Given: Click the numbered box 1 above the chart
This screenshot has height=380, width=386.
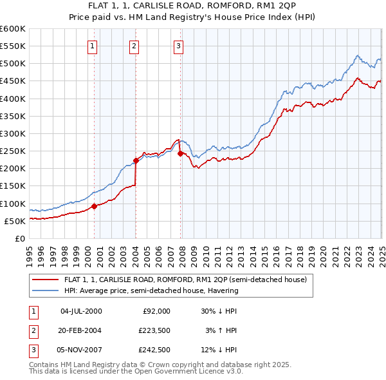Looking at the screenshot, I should click(93, 46).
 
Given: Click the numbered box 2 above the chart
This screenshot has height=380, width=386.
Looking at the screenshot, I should click(134, 46).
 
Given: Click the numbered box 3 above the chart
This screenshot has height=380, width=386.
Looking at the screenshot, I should click(178, 46).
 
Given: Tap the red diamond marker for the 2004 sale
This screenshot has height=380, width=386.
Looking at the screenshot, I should click(136, 160).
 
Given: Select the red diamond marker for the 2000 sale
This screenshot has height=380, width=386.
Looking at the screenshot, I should click(94, 206).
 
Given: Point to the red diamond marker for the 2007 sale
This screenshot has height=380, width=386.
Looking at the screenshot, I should click(180, 153).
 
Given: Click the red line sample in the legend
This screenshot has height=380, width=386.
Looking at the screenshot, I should click(46, 280).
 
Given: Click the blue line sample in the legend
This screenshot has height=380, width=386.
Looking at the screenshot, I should click(46, 290).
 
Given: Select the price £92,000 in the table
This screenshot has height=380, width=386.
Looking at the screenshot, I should click(155, 311).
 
